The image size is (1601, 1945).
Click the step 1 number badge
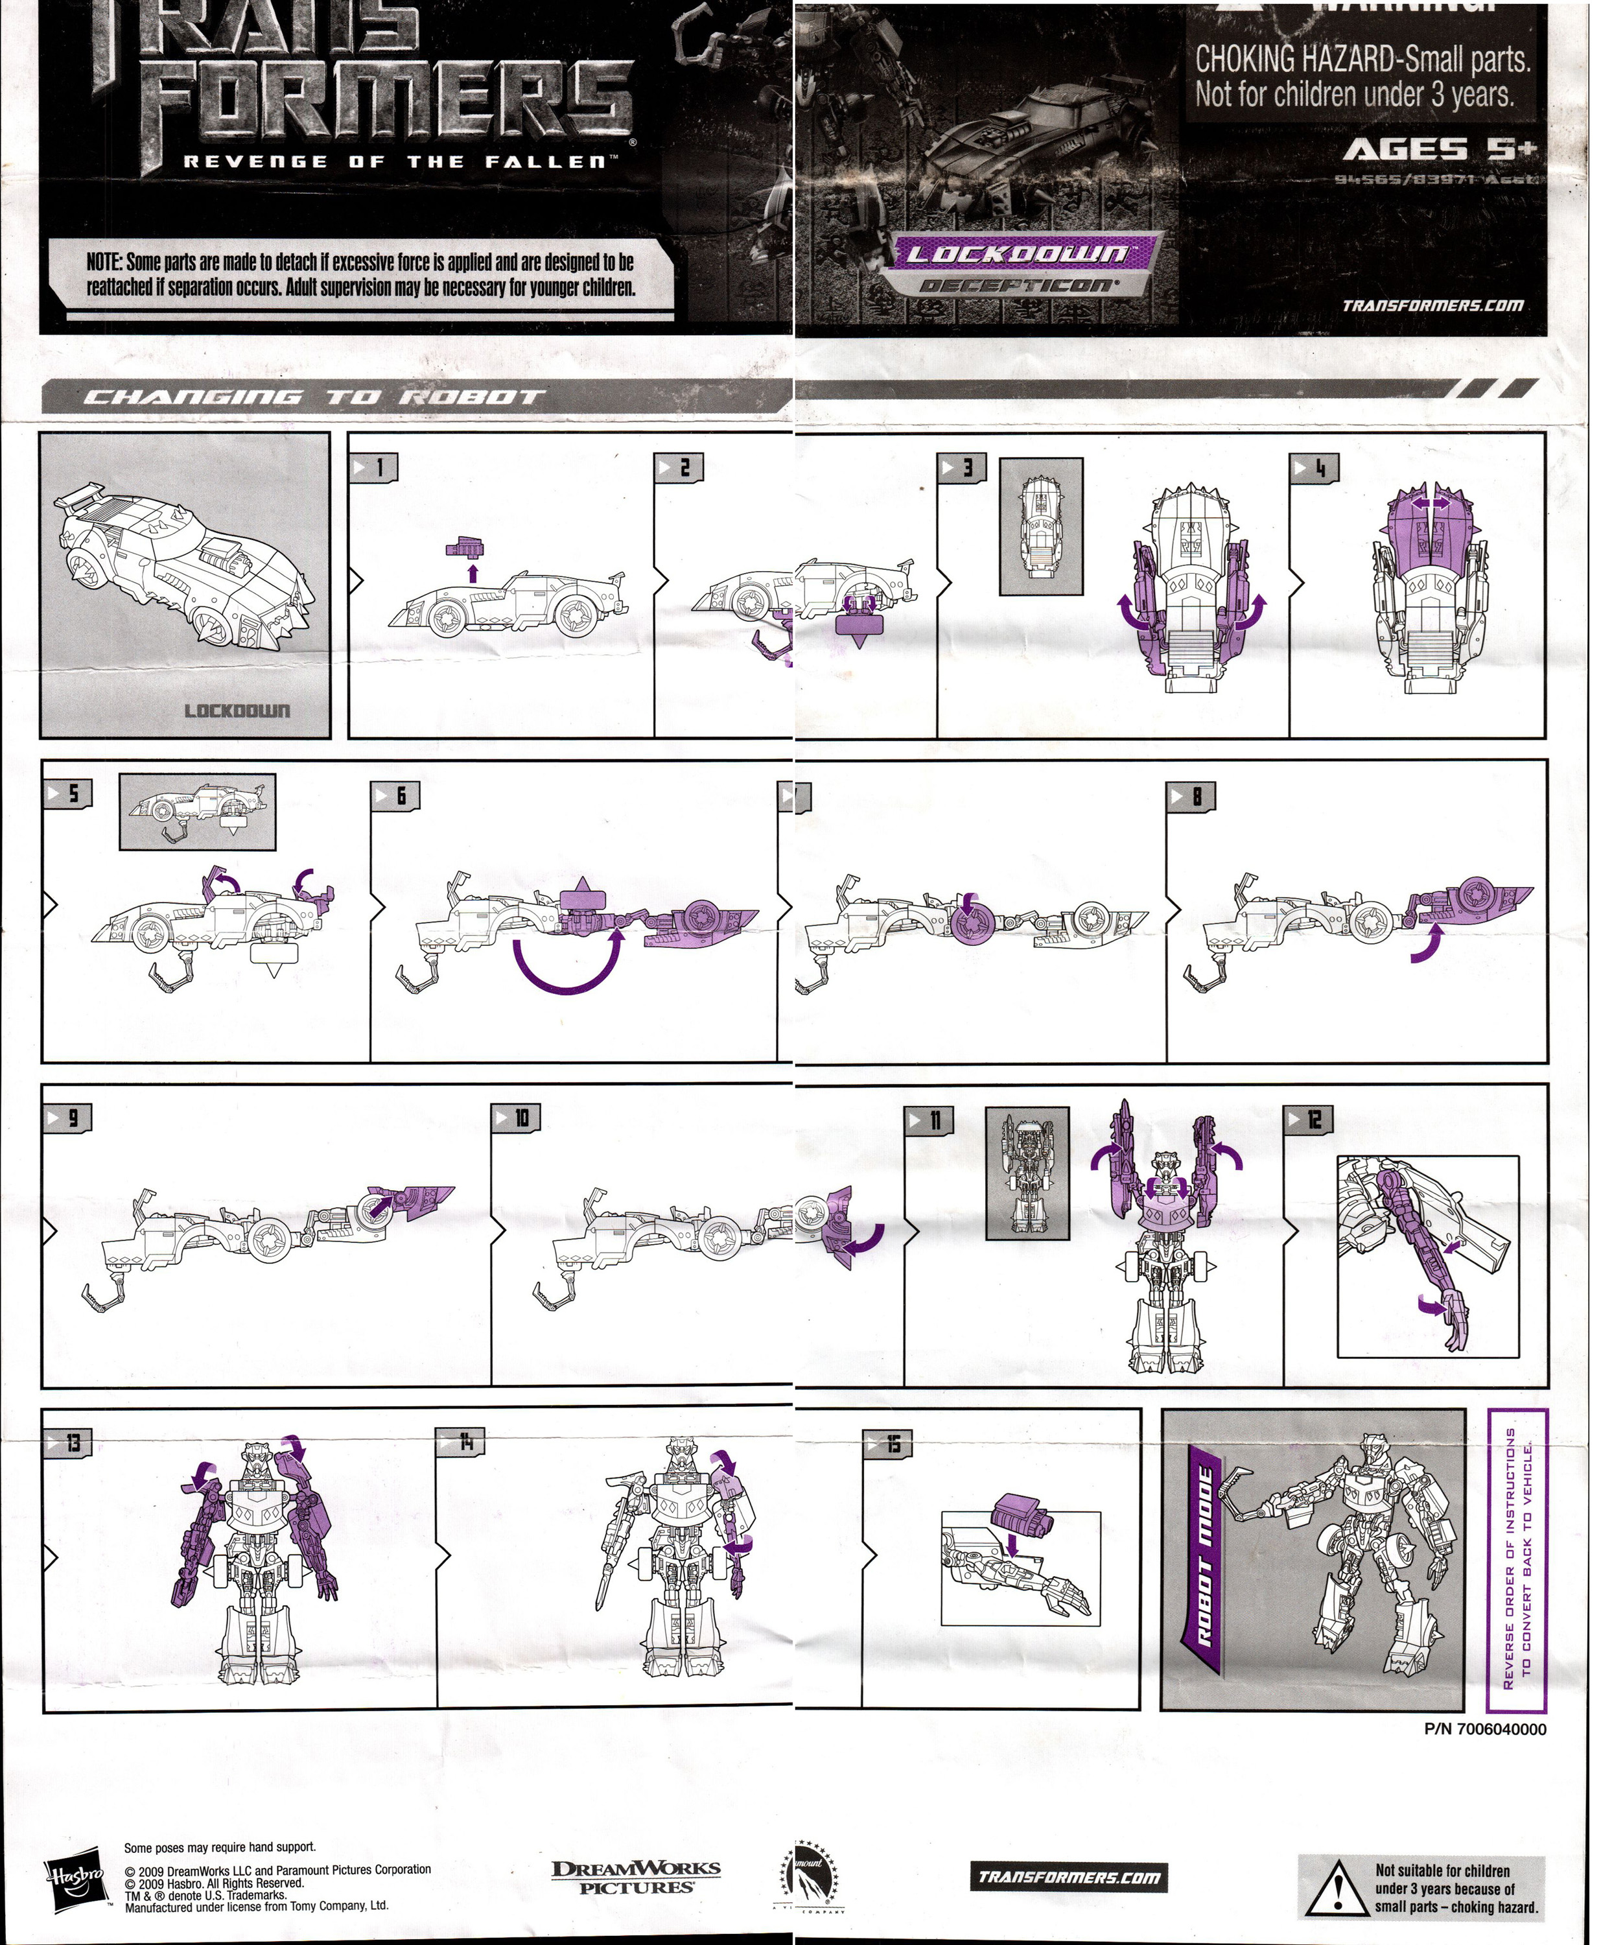click(373, 467)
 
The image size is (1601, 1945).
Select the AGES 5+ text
click(1439, 149)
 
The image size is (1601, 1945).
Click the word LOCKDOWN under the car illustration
click(237, 710)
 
